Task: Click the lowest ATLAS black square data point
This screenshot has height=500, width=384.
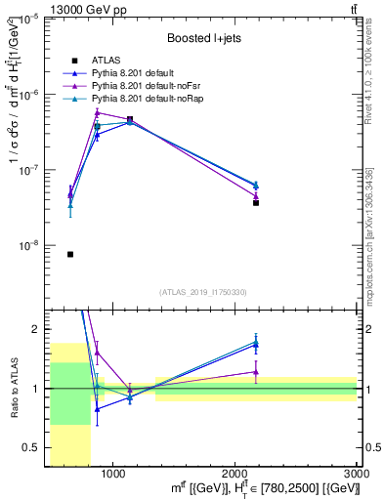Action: coord(70,254)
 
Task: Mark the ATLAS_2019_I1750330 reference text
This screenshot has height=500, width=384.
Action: coord(202,292)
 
